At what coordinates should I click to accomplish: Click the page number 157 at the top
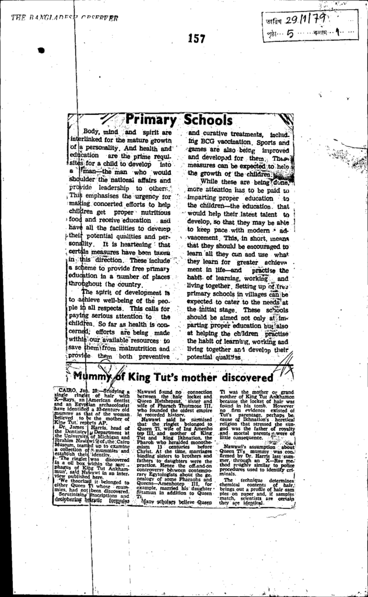point(197,38)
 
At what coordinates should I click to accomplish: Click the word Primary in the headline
point(151,120)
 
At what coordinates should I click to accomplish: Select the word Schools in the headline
point(208,120)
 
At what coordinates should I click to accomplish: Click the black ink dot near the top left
point(41,51)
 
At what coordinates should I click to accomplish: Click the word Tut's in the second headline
point(162,377)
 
